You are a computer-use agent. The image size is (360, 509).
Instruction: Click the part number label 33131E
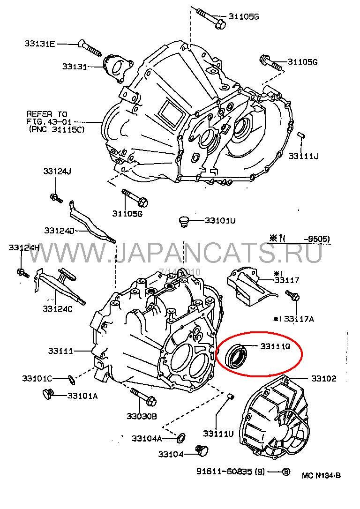(x=40, y=44)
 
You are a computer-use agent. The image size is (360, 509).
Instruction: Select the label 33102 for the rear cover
(x=324, y=379)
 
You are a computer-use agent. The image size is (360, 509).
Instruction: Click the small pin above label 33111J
(x=302, y=135)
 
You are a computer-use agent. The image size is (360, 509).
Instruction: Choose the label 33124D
(x=60, y=231)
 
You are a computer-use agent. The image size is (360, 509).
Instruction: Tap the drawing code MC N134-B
(x=321, y=476)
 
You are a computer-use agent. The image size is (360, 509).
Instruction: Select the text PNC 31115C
(x=56, y=129)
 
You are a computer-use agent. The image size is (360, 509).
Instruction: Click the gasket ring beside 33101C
(x=70, y=378)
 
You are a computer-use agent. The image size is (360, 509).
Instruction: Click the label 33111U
(x=218, y=434)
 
